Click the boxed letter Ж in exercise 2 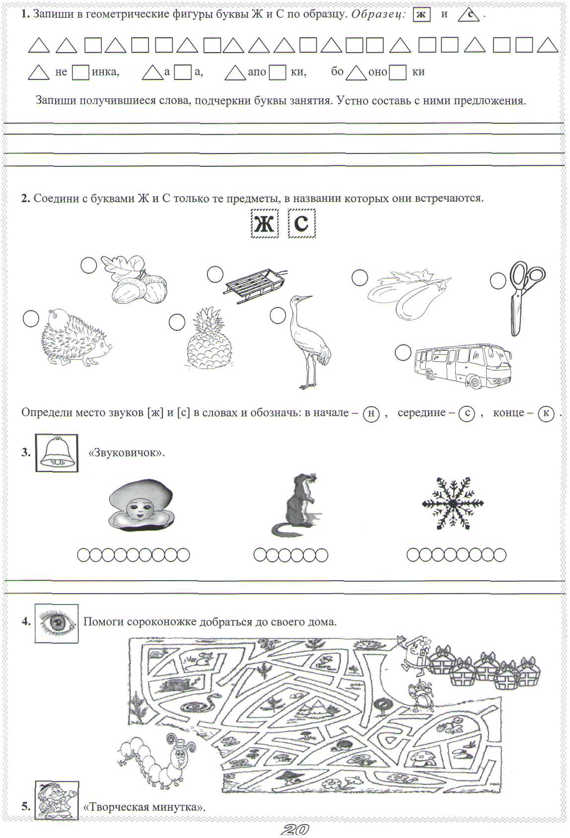pos(264,224)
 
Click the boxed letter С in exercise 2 pos(301,224)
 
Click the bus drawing pos(462,365)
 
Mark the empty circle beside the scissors pos(498,281)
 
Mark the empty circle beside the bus pos(403,353)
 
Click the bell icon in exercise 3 pos(57,453)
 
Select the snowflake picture pos(452,503)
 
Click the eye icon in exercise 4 pos(56,623)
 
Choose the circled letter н pos(371,413)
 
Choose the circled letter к pos(546,413)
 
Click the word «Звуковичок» pos(126,453)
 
